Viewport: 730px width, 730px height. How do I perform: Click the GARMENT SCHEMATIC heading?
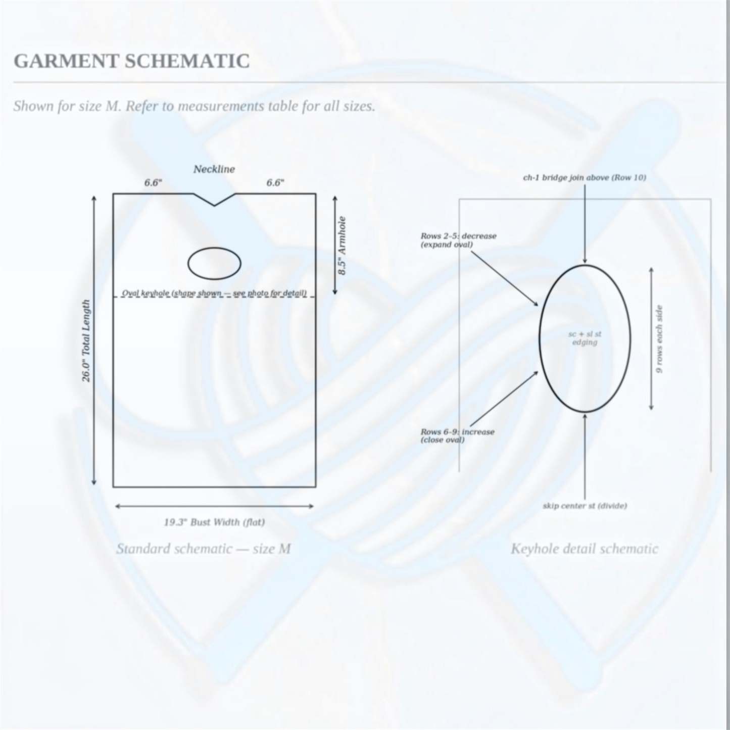[131, 61]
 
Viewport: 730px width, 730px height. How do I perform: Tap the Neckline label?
[214, 169]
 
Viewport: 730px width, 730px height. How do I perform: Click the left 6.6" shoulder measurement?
[153, 182]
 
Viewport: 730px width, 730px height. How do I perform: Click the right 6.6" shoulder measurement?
[275, 182]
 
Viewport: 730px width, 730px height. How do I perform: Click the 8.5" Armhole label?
[342, 246]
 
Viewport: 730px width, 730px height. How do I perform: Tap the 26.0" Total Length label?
[86, 341]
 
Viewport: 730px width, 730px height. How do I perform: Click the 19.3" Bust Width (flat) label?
[214, 522]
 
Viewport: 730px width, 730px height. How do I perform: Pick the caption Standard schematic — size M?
[204, 549]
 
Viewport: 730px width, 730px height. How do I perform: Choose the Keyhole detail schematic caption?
[585, 549]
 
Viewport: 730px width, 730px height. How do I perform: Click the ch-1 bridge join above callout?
[585, 177]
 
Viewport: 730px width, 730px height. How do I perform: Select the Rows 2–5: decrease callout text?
[458, 240]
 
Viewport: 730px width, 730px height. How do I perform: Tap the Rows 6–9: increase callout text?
[458, 435]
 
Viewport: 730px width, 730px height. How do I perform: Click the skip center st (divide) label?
[585, 506]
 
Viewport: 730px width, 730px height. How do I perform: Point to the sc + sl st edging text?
[585, 338]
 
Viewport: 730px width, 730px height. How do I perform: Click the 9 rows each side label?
[659, 339]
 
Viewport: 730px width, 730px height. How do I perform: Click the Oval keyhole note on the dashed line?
[214, 293]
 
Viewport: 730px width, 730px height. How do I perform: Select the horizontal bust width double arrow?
[214, 506]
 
